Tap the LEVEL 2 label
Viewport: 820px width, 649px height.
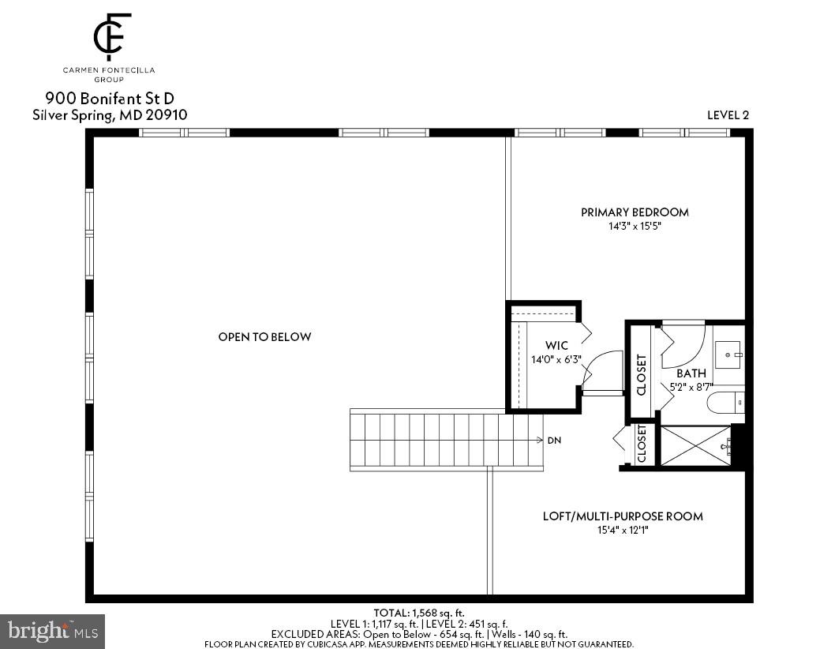(x=728, y=115)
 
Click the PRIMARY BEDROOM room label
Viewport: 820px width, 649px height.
(x=635, y=212)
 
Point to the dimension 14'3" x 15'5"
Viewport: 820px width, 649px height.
(x=635, y=226)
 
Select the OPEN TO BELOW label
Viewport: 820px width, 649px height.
(x=264, y=337)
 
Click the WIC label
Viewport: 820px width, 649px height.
(x=557, y=346)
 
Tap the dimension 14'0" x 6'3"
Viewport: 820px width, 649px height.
(x=557, y=360)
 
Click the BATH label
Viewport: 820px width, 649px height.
(x=691, y=373)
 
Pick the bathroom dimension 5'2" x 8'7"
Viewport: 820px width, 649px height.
(x=691, y=387)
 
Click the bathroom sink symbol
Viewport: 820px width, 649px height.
(x=728, y=351)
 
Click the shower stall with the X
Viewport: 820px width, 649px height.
(x=695, y=446)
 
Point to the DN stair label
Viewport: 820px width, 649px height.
(x=554, y=441)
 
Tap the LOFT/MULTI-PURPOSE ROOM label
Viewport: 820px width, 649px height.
(x=623, y=516)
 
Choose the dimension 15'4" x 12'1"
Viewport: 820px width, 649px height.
(x=623, y=531)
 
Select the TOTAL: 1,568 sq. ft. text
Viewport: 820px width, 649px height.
(x=419, y=613)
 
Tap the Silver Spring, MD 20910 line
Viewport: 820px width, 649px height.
(x=110, y=115)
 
